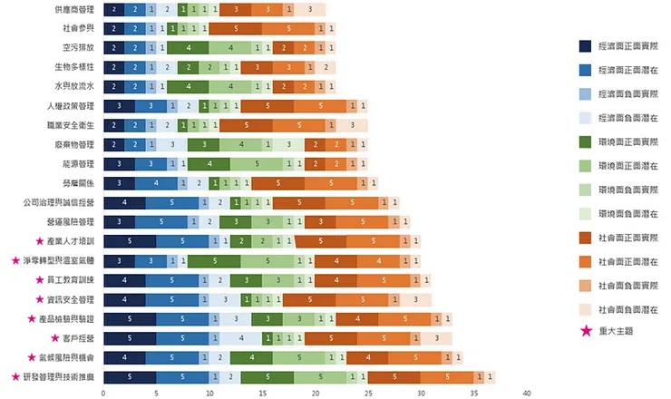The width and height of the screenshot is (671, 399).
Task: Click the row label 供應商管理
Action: point(74,9)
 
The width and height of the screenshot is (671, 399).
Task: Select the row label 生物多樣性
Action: point(74,67)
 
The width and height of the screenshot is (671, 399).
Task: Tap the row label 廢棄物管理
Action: point(74,145)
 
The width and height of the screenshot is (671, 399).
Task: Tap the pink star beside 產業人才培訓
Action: point(39,242)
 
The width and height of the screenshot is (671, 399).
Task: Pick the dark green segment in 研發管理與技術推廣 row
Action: point(267,376)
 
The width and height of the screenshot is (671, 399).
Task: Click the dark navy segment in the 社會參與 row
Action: point(113,28)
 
